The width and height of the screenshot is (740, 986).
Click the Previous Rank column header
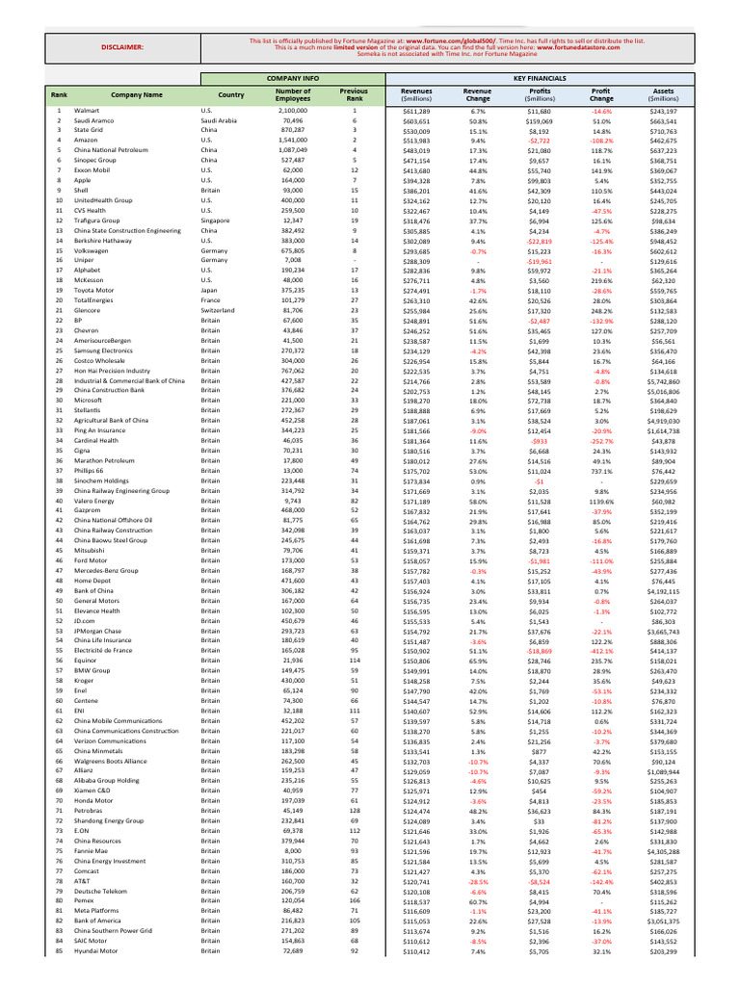pos(354,94)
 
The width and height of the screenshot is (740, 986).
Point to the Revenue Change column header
pos(478,94)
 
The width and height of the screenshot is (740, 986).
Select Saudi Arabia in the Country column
pos(219,121)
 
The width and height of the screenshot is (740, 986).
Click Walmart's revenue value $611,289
pos(416,112)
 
